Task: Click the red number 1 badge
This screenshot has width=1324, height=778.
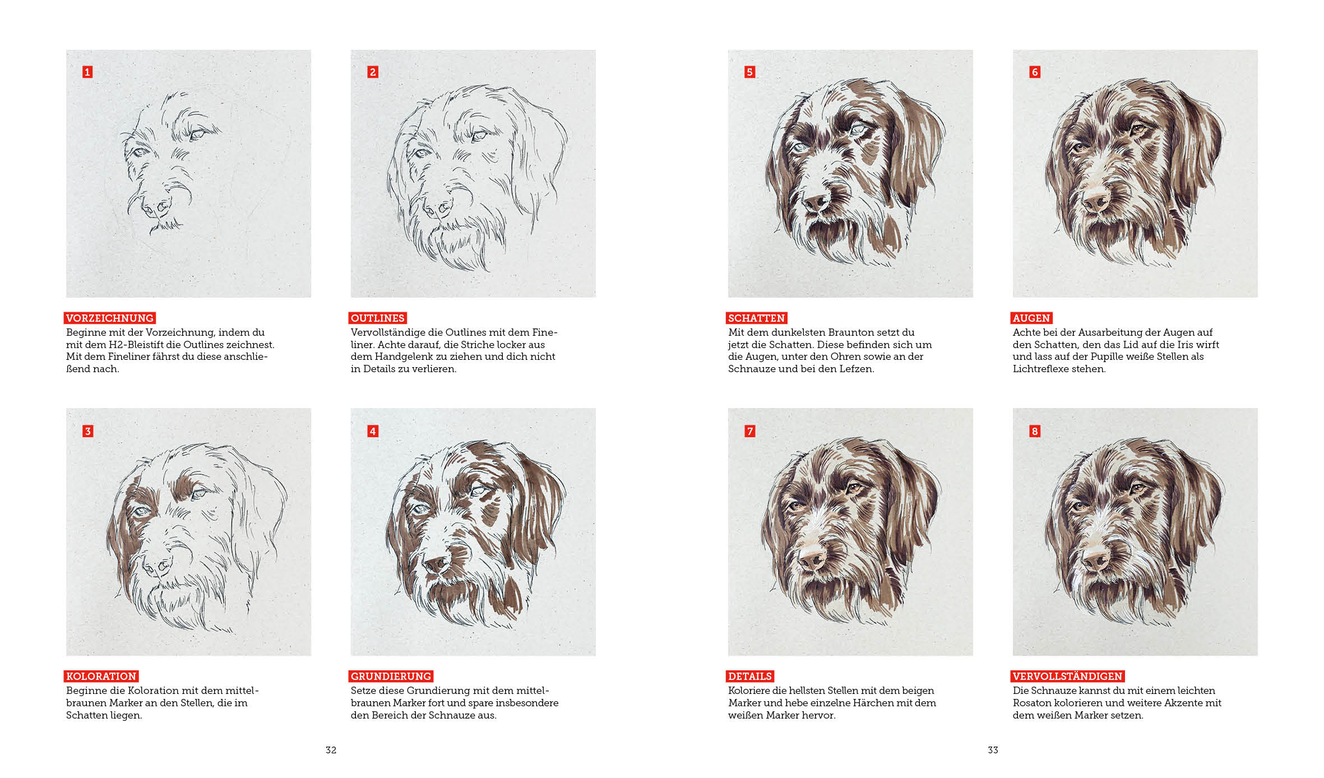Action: pos(87,72)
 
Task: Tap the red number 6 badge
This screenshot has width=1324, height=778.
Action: pos(1035,72)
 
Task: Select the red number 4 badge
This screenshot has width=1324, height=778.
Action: pos(373,431)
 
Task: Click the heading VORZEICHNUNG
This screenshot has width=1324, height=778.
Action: pos(110,318)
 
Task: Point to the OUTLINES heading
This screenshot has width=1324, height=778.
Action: pos(378,318)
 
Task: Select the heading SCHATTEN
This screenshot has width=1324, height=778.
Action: pos(757,318)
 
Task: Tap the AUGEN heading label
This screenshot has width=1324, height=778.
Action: pos(1031,318)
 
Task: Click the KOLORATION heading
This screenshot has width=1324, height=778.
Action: pos(101,676)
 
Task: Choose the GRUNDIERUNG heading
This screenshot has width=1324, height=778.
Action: pos(391,676)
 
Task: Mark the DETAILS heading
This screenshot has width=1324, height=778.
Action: pos(750,676)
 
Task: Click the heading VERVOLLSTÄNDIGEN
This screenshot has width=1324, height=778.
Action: pos(1068,676)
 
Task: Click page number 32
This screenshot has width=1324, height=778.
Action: pos(331,750)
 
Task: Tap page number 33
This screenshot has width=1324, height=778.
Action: pos(993,750)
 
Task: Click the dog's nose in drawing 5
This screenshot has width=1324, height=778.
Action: pos(816,202)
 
